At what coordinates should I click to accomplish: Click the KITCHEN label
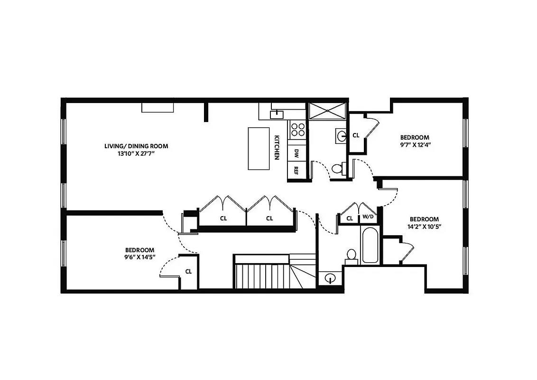point(277,147)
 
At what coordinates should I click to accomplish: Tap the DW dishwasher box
point(296,153)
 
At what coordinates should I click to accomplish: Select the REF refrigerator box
point(296,170)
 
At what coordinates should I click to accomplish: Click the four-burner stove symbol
point(298,129)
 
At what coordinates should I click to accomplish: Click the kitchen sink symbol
point(276,114)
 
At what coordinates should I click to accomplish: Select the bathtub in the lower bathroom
point(370,246)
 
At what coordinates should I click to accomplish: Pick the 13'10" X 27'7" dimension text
point(136,153)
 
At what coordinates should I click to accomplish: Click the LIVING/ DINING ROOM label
point(136,146)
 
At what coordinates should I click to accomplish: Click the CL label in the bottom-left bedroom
point(188,272)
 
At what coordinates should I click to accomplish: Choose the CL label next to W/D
point(350,218)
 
